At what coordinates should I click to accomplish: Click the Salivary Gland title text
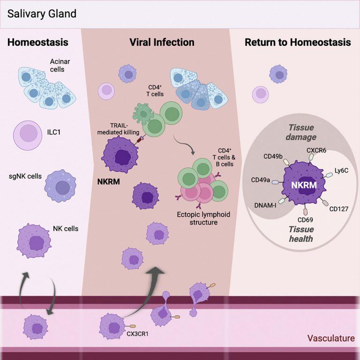pos(42,13)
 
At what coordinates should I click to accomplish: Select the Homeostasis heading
pos(37,43)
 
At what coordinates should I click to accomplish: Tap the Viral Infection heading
pos(162,43)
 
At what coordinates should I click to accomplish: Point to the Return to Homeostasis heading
pos(298,43)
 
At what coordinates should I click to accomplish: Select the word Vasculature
pos(330,338)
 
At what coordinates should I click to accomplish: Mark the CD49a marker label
pos(261,180)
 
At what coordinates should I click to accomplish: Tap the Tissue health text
pos(300,234)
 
